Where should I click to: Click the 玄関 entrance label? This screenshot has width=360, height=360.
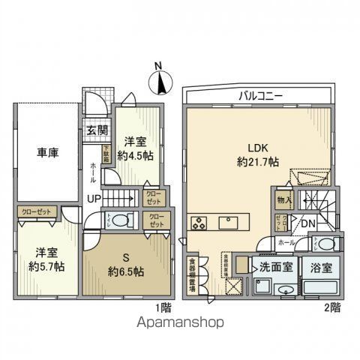point(96,132)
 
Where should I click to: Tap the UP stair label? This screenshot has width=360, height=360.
point(94,198)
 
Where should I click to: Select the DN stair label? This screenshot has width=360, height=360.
point(307,223)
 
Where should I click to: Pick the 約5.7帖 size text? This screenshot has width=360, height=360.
point(46,266)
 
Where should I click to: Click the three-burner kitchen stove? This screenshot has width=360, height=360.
point(201,222)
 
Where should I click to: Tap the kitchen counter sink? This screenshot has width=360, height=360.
point(231,222)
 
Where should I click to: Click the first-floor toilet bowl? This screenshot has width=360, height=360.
point(124,219)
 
